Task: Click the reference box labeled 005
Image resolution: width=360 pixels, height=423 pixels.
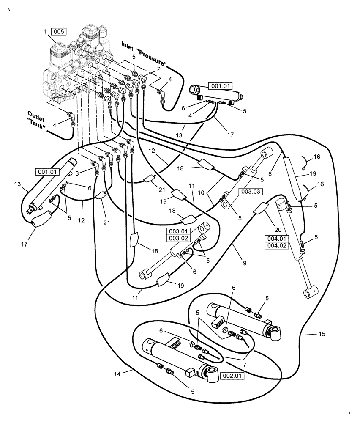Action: pos(58,31)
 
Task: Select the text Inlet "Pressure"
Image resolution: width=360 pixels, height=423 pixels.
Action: pos(144,53)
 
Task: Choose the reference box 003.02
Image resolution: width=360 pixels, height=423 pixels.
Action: pos(180,238)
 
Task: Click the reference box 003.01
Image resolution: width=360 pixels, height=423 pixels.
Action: pos(180,231)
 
